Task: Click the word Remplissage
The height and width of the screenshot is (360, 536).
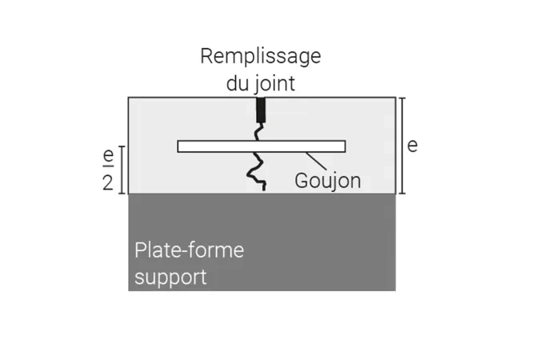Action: [x=260, y=57]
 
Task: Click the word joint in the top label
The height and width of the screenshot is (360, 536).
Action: [x=274, y=82]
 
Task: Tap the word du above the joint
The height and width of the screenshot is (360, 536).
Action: [x=237, y=82]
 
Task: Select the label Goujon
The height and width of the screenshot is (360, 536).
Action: [x=327, y=181]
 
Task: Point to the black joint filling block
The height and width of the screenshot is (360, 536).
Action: [x=260, y=109]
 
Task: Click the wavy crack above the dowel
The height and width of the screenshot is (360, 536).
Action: [x=260, y=130]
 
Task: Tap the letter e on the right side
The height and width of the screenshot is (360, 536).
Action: [x=412, y=146]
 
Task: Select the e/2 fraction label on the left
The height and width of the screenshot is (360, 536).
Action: [x=108, y=170]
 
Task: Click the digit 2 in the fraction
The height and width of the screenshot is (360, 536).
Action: [x=108, y=182]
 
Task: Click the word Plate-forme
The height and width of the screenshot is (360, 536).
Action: [x=189, y=250]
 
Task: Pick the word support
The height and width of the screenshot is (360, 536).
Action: [x=170, y=278]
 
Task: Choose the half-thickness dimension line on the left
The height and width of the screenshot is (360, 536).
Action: [x=122, y=170]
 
